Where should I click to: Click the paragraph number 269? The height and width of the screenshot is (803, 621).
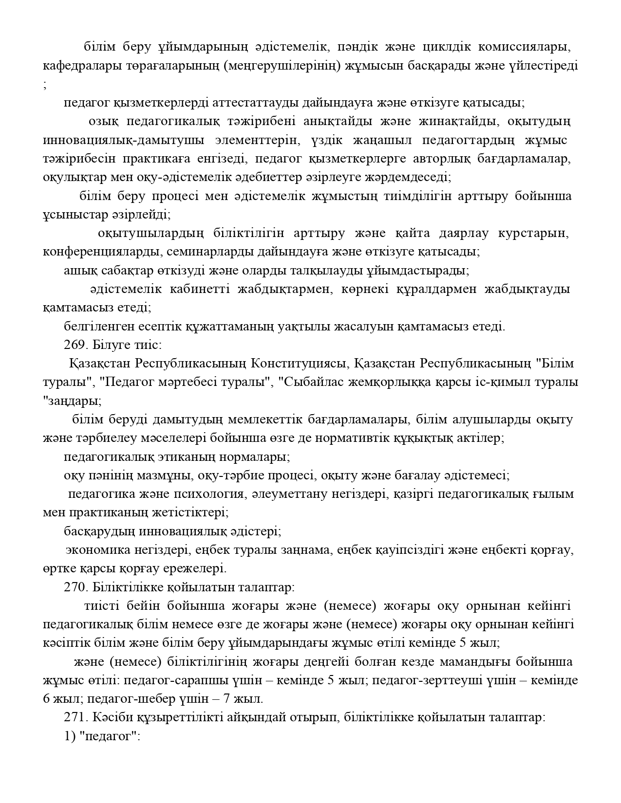[x=73, y=345]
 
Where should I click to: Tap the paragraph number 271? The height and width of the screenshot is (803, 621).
[x=73, y=717]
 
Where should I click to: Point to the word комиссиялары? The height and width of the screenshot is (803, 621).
[x=524, y=47]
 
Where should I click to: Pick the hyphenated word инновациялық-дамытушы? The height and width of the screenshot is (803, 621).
[x=123, y=140]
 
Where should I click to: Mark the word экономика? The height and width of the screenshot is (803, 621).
[x=98, y=550]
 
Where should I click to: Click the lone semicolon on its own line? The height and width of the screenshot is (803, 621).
[x=45, y=85]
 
